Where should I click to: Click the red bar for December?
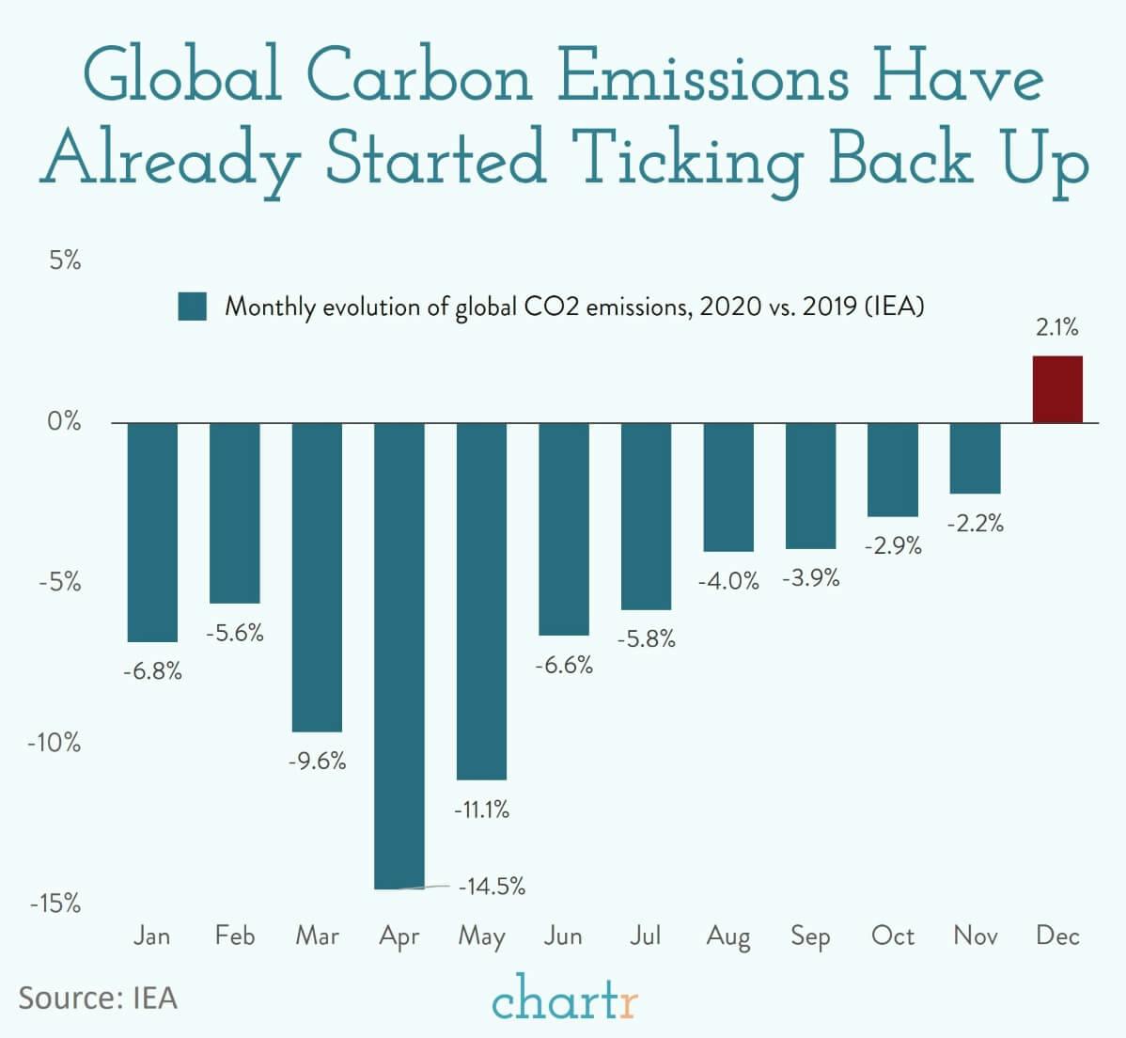point(1057,389)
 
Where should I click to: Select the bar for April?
point(399,654)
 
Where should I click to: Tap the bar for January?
point(152,532)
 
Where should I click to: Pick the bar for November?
point(975,458)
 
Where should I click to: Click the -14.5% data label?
point(492,886)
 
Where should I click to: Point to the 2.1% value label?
point(1057,328)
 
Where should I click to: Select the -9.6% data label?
point(317,761)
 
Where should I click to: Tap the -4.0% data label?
point(727,581)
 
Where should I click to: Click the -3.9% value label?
point(810,578)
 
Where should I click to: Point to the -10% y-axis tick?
point(55,743)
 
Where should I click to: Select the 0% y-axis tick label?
point(65,421)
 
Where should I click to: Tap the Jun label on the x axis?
point(563,936)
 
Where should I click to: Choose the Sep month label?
point(810,936)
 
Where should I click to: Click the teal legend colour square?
point(192,307)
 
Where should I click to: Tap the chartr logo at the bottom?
point(564,999)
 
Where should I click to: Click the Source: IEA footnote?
point(98,998)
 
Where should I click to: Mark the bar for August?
point(728,487)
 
